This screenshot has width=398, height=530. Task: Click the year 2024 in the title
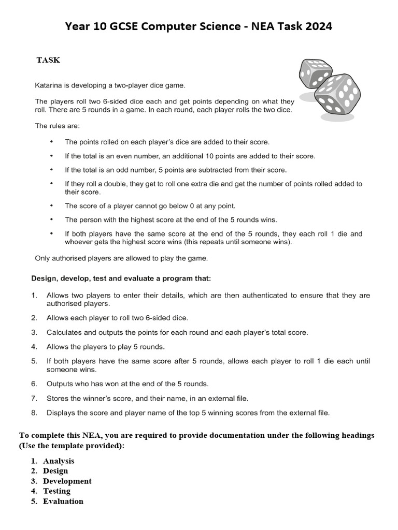coord(316,27)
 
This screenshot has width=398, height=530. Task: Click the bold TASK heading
coord(48,60)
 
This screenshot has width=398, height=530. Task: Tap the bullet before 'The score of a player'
coord(51,205)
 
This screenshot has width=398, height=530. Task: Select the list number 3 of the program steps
coord(34,332)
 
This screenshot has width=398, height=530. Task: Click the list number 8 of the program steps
coord(34,413)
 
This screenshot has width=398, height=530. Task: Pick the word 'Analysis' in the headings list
coord(59,461)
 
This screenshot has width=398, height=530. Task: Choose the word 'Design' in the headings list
coord(55,471)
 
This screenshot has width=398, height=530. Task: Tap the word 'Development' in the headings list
coord(67,481)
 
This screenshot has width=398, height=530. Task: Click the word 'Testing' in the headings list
coord(56,491)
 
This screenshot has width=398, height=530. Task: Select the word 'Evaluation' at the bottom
coord(63,501)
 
